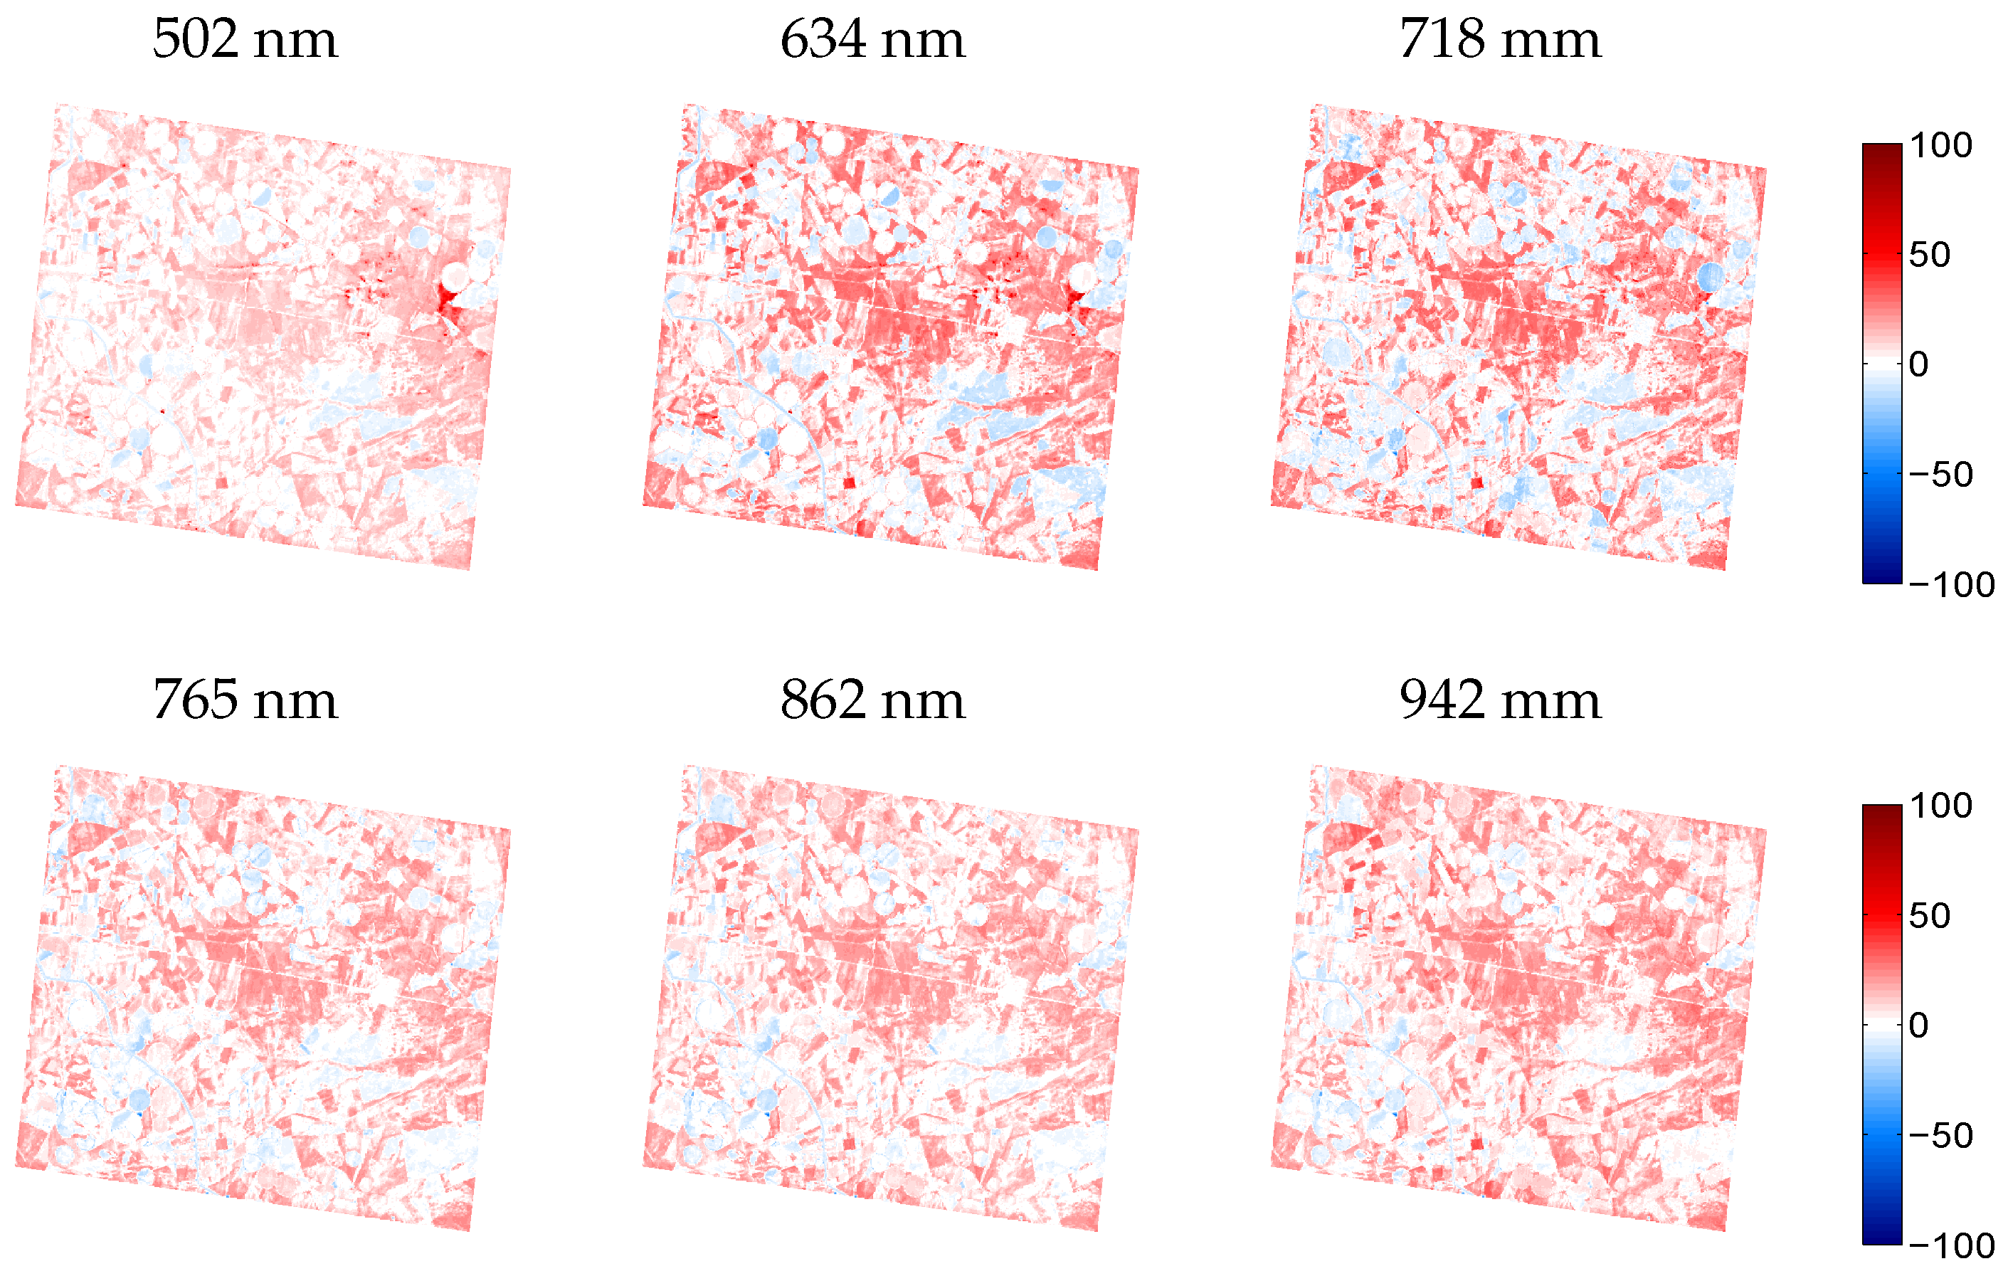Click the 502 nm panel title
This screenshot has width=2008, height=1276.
[x=245, y=39]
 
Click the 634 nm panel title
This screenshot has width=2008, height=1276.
[x=872, y=39]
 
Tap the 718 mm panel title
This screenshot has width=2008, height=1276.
[x=1499, y=39]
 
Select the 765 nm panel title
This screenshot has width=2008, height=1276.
[x=245, y=700]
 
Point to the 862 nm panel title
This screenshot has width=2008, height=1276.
[x=872, y=700]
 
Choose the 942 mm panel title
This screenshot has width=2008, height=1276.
[x=1499, y=700]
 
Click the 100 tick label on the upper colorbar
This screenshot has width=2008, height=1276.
[x=1940, y=146]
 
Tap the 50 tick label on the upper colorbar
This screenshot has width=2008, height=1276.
[x=1930, y=255]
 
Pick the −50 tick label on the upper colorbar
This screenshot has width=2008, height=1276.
[x=1940, y=475]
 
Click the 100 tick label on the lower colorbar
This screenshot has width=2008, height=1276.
[x=1940, y=806]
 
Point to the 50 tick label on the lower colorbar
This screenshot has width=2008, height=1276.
[x=1930, y=917]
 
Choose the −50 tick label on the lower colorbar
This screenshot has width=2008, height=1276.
[x=1940, y=1136]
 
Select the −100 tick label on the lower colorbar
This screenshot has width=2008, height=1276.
[x=1951, y=1246]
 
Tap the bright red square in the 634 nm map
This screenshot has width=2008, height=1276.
[x=849, y=483]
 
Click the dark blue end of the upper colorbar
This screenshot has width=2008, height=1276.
[x=1882, y=576]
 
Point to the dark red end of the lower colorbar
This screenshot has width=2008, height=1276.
[x=1882, y=813]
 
